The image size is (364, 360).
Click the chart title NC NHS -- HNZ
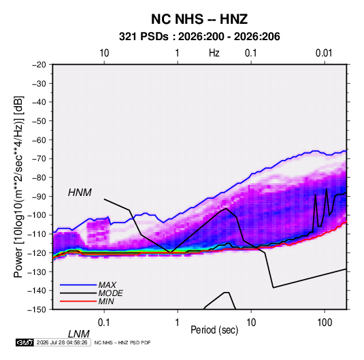[x=199, y=19]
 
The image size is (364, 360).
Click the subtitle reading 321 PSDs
[x=144, y=37]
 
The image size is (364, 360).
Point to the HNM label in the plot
[x=80, y=193]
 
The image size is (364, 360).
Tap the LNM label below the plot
[x=79, y=334]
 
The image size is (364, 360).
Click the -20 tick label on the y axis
[x=39, y=65]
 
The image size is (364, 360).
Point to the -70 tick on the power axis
[x=39, y=159]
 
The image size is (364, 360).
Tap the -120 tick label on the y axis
[x=37, y=253]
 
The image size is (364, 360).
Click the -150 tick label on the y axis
[x=37, y=310]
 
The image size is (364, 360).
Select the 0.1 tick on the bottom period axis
[x=104, y=322]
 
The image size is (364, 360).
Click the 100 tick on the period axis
[x=325, y=322]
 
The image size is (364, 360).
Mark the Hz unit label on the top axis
[x=214, y=53]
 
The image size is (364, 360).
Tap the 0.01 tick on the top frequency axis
[x=324, y=53]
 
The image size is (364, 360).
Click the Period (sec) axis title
[x=214, y=330]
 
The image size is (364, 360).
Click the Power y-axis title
[x=18, y=187]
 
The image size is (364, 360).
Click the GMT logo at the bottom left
[x=24, y=342]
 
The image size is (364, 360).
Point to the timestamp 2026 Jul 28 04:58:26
[x=62, y=342]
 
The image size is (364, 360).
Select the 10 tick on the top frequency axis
[x=104, y=53]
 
